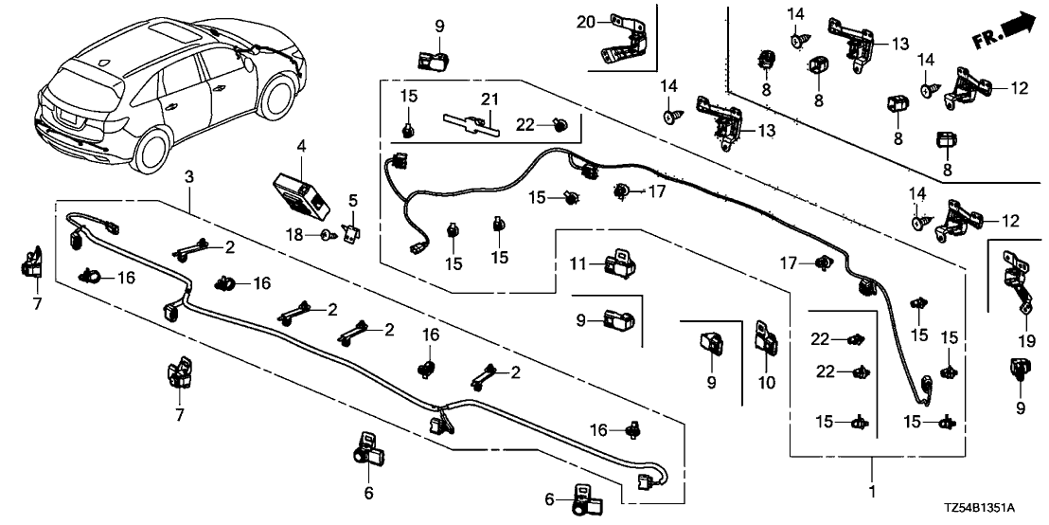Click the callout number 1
click(x=872, y=492)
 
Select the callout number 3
click(x=189, y=176)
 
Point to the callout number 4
click(x=301, y=147)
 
